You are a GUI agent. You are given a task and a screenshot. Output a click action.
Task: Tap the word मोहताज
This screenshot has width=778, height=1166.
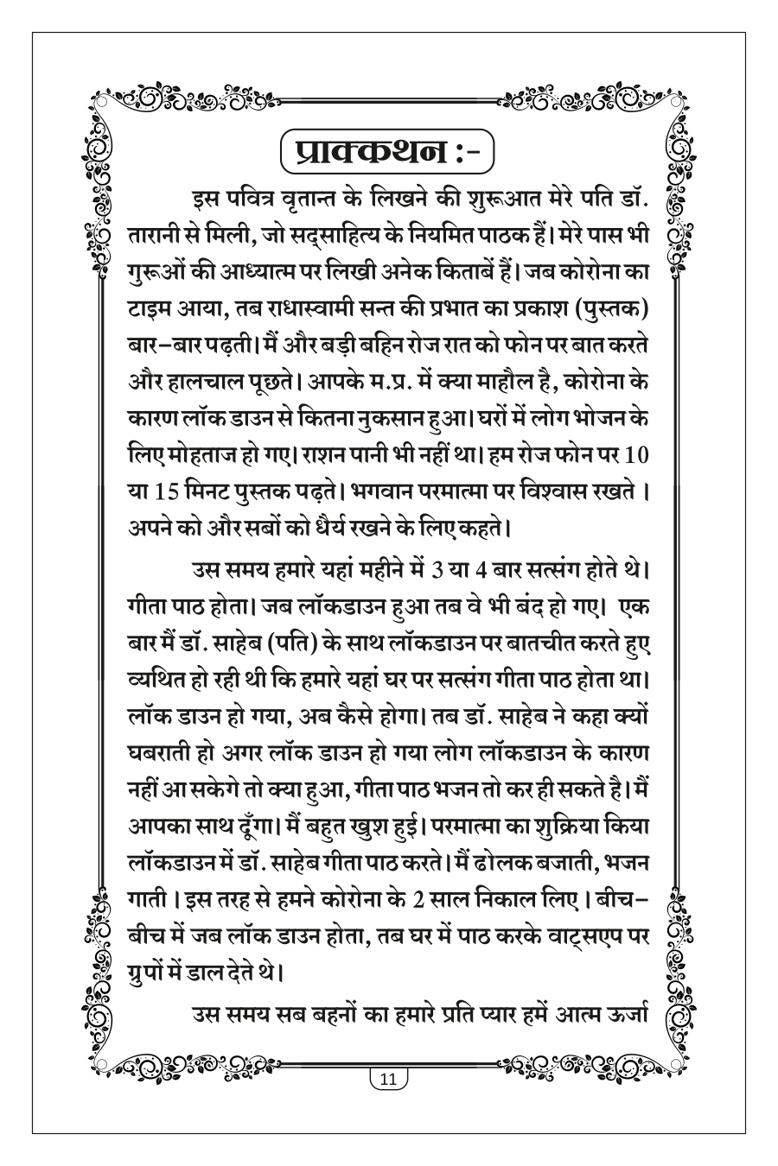point(187,453)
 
